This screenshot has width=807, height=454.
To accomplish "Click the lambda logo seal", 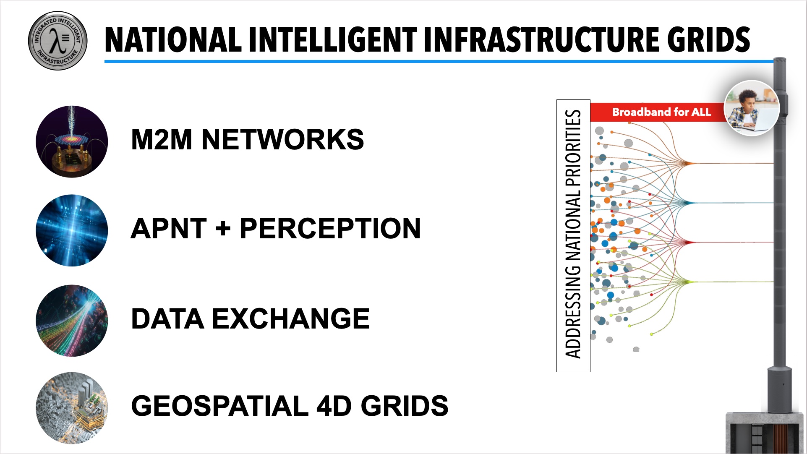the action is pos(57,41).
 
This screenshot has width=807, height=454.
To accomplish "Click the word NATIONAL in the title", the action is pos(173,40).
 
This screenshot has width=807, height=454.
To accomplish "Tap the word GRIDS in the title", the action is pos(709,40).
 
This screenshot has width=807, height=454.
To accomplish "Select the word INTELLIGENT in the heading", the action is pos(332,40).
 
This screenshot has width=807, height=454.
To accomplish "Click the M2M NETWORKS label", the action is pos(247,139).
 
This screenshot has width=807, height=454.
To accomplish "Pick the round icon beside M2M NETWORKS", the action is pos(72,141).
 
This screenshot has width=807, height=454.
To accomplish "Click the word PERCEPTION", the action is pos(330,229).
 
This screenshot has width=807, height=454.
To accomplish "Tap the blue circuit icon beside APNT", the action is pos(72,230).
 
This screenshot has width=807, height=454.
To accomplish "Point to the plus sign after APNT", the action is pos(222,229).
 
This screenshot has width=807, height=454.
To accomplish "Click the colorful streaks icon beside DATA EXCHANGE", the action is pos(72,321).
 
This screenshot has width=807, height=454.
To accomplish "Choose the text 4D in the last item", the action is pos(333,406).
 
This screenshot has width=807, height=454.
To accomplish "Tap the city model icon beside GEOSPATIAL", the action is pos(72,408).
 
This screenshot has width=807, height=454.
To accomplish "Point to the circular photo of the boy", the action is pos(752,108).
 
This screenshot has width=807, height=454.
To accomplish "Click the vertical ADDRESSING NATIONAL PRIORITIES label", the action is pos(573,235).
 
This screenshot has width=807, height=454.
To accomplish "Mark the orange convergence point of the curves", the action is pos(687,163).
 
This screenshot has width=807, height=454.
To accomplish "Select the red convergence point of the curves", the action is pos(687,242).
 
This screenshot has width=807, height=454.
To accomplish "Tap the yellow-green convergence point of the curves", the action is pos(687,282).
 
